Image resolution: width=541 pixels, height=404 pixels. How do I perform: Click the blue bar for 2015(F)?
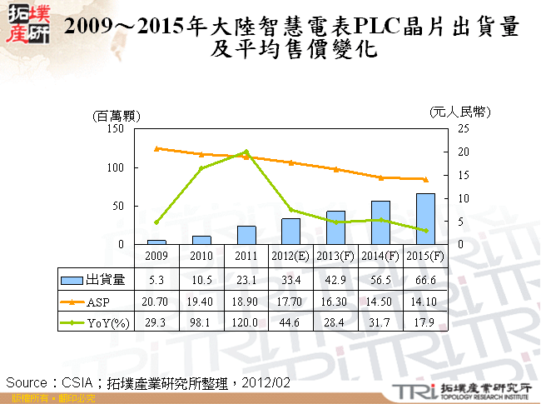point(426,219)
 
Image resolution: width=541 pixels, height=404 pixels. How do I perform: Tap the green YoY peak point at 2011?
point(246,152)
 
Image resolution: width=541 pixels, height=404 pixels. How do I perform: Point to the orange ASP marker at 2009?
point(156,148)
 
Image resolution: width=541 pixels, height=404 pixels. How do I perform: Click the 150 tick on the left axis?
point(115,129)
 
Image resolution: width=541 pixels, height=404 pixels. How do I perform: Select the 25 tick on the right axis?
point(463,129)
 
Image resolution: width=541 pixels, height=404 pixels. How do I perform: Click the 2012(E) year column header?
point(290,256)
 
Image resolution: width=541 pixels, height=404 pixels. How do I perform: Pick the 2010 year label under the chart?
point(201,256)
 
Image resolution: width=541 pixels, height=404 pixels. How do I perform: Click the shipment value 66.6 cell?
point(426,278)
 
